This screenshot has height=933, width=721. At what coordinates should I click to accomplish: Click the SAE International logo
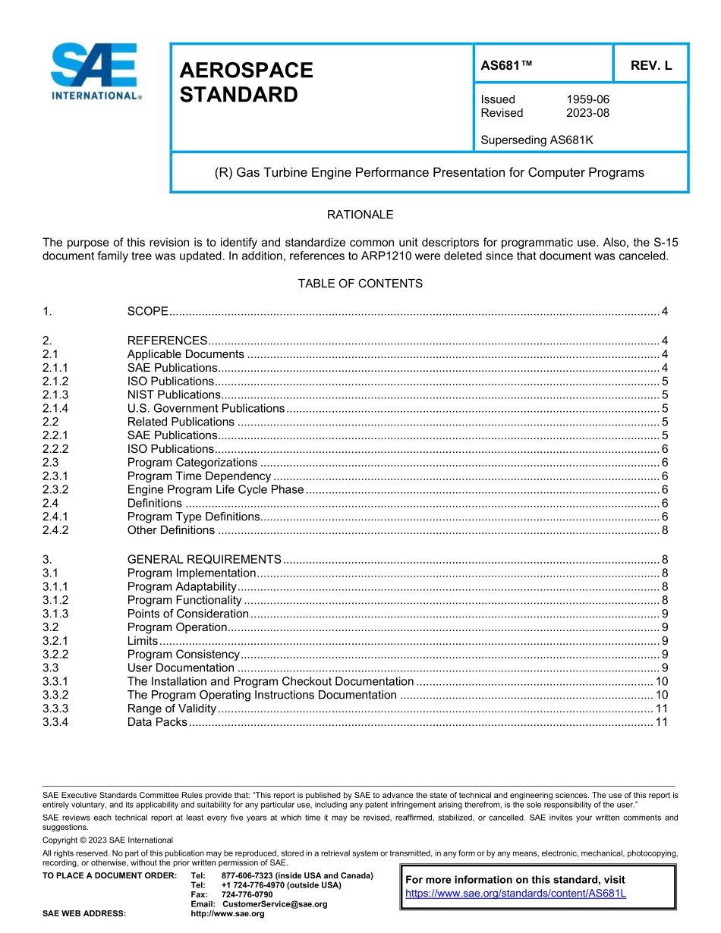pyautogui.click(x=94, y=72)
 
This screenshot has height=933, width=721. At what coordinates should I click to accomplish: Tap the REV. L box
pyautogui.click(x=650, y=66)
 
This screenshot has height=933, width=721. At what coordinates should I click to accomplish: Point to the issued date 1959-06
pyautogui.click(x=587, y=99)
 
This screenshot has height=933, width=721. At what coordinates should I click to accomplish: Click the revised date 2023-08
pyautogui.click(x=587, y=113)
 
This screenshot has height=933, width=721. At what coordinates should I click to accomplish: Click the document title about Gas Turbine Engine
pyautogui.click(x=430, y=172)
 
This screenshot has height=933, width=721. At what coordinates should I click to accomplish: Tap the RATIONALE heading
pyautogui.click(x=360, y=215)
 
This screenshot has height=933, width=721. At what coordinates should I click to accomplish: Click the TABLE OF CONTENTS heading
pyautogui.click(x=360, y=284)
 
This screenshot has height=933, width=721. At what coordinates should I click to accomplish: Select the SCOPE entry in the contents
pyautogui.click(x=147, y=312)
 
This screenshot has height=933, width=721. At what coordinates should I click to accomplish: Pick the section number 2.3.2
pyautogui.click(x=55, y=489)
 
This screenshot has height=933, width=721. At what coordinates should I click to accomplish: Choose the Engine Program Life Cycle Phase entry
pyautogui.click(x=216, y=489)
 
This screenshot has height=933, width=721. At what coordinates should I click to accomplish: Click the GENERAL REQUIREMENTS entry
pyautogui.click(x=204, y=559)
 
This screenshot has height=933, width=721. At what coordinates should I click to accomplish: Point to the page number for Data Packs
pyautogui.click(x=661, y=722)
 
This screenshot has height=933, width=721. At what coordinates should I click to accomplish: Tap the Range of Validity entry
pyautogui.click(x=172, y=708)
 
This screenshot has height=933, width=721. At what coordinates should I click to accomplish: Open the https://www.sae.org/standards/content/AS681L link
pyautogui.click(x=515, y=893)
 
